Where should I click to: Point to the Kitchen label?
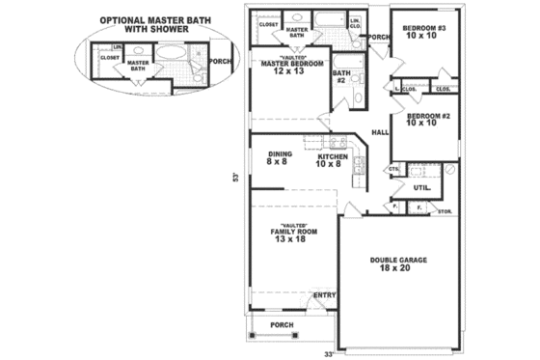pos(332,158)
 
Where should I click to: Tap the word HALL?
pos(380,132)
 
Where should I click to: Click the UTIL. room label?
pos(420,188)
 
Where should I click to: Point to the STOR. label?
pos(445,210)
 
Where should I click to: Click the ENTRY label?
pos(324,294)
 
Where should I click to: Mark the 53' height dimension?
pos(233,177)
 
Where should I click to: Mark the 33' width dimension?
pos(328,354)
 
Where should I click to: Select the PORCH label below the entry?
pos(282,324)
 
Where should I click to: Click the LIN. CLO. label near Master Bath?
pos(354,22)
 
